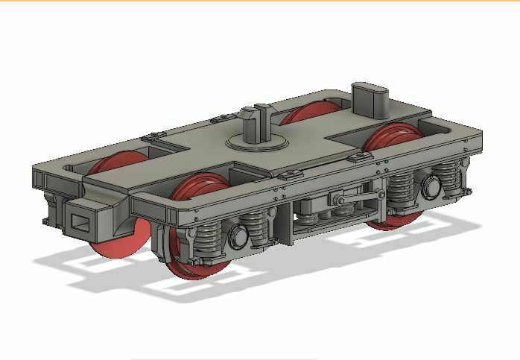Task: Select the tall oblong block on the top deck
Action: (370, 99)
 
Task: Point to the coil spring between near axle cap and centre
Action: (257, 227)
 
